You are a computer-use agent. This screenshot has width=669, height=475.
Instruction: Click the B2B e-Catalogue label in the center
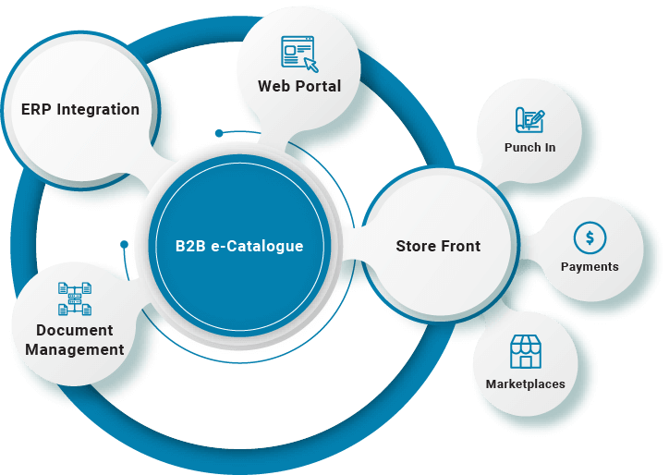pos(239,247)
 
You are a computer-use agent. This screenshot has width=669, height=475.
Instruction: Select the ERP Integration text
pos(80,109)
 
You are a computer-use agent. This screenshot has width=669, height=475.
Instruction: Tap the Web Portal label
pos(299,86)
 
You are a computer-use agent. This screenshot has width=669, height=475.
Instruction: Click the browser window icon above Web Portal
pos(298,52)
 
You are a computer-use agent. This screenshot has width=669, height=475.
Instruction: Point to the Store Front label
pos(438,246)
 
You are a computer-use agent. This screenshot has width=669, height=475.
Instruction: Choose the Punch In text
pos(529,147)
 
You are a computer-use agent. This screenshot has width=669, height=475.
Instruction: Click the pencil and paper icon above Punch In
pos(529,120)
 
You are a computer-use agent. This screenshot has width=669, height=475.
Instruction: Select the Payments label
pos(590,266)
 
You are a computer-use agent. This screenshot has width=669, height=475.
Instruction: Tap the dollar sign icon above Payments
pos(590,238)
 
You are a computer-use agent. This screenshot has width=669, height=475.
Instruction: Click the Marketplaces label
pos(525,384)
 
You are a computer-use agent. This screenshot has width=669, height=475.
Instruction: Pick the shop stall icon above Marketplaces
pos(525,352)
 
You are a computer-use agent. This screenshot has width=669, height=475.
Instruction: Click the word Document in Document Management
pos(75,330)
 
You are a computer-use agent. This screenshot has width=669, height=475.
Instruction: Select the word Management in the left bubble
pos(75,349)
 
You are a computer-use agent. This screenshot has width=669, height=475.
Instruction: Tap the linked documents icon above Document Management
pos(75,298)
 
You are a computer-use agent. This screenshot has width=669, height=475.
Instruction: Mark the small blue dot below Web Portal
pos(219,133)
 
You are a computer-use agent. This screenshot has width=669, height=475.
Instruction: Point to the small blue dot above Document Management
pos(124,245)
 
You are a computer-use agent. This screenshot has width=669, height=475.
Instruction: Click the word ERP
pos(37,109)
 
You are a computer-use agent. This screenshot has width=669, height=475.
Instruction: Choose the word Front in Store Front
pos(461,246)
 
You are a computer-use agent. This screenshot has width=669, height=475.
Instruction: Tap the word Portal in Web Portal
pos(319,86)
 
